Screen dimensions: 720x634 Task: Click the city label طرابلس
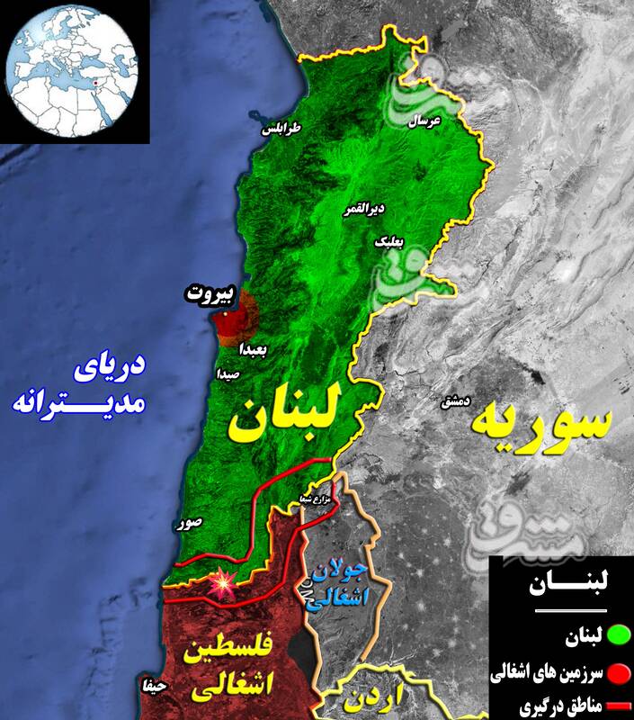[281, 129]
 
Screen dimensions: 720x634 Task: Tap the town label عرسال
[424, 121]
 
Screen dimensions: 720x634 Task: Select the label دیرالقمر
[364, 210]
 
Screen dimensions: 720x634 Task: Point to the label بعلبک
[388, 242]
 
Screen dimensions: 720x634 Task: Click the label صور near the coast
[190, 520]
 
